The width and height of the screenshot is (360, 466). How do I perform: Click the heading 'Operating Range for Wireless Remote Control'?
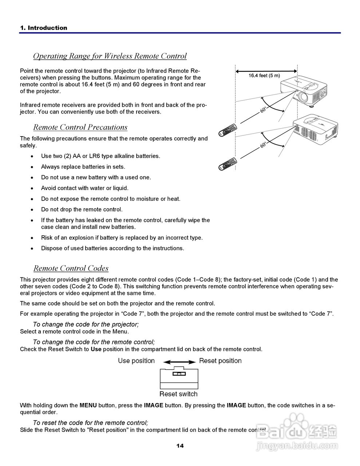[x=110, y=56]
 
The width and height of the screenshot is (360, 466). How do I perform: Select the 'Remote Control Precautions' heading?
[x=80, y=127]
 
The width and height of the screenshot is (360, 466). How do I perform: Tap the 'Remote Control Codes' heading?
[x=71, y=268]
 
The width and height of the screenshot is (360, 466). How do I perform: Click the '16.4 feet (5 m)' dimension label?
[x=264, y=76]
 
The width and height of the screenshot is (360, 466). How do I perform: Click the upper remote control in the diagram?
[x=228, y=130]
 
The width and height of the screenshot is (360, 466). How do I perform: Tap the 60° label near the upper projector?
[x=263, y=110]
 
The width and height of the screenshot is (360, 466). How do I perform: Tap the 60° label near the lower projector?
[x=263, y=145]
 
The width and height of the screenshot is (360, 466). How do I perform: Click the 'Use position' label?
[x=136, y=361]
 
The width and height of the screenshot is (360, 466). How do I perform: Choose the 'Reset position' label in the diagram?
[x=220, y=361]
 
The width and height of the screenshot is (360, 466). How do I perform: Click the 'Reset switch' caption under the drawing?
[x=178, y=394]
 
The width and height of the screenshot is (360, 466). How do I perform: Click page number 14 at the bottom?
[x=180, y=446]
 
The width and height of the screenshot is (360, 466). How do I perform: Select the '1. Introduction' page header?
[x=44, y=28]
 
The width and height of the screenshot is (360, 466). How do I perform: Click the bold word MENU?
[x=88, y=405]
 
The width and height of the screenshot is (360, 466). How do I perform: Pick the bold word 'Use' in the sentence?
[x=96, y=349]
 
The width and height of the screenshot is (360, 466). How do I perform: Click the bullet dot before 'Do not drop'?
[x=33, y=210]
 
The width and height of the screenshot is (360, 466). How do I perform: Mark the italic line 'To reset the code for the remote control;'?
[x=90, y=423]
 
